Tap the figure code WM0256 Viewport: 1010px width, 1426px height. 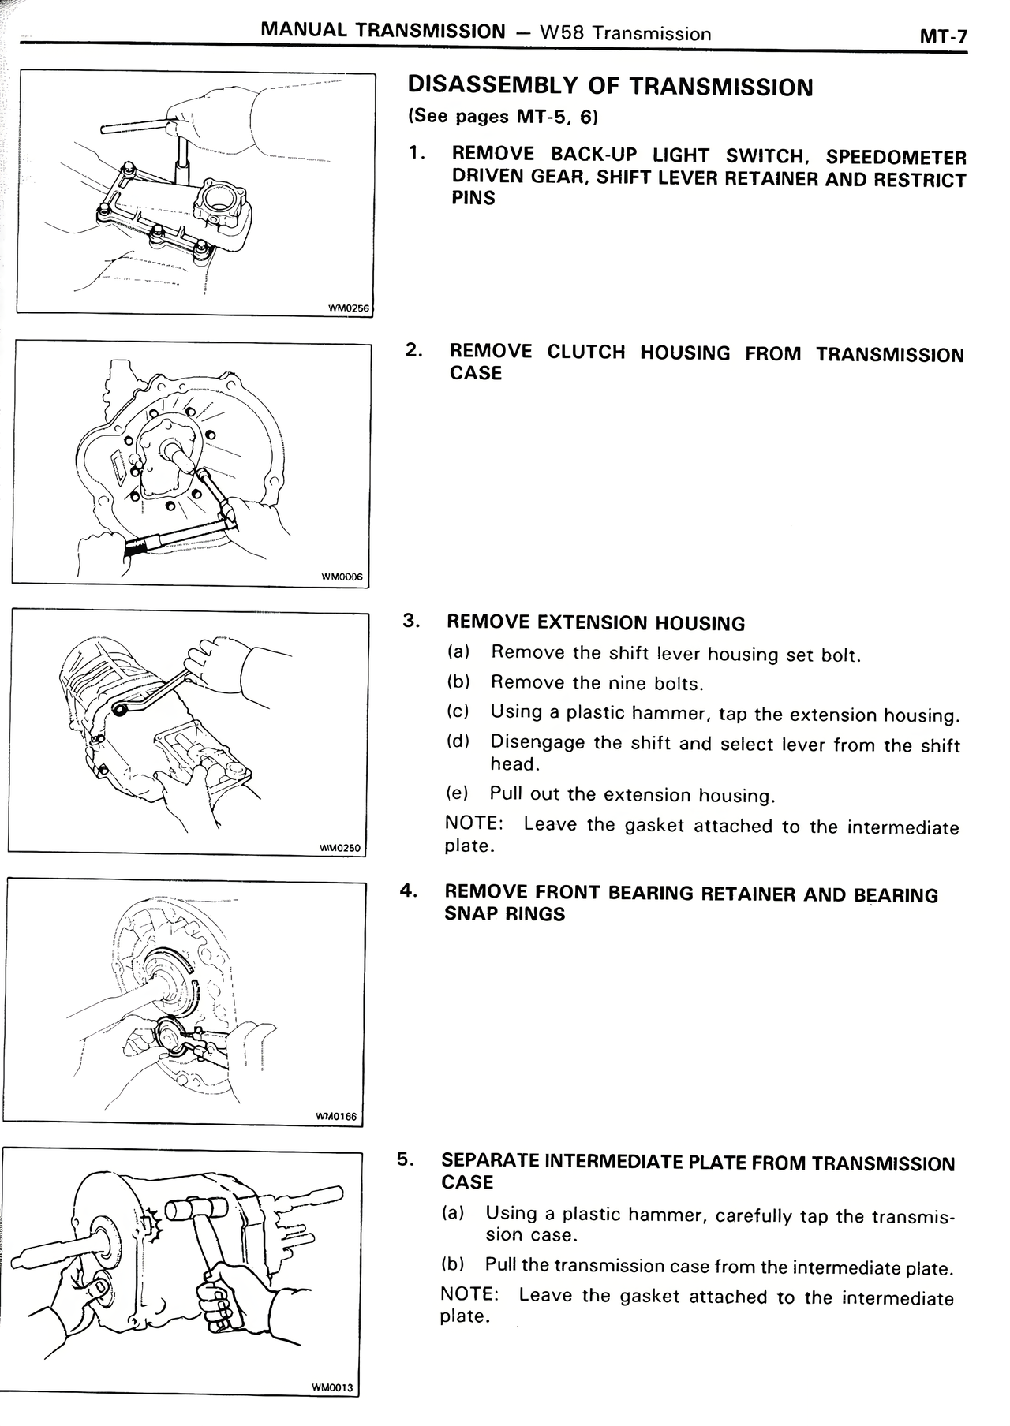348,308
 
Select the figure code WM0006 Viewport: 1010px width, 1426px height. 342,577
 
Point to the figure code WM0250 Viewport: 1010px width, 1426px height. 339,848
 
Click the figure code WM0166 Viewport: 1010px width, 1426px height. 335,1117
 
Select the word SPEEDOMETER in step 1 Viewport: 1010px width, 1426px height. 896,158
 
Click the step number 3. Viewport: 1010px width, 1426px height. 410,620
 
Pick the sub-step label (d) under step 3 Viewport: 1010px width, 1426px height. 458,741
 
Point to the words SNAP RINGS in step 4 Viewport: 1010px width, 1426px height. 505,914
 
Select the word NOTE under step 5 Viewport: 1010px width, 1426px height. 468,1294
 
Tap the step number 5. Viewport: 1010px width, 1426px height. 404,1159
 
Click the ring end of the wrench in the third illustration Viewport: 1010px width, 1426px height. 121,710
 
